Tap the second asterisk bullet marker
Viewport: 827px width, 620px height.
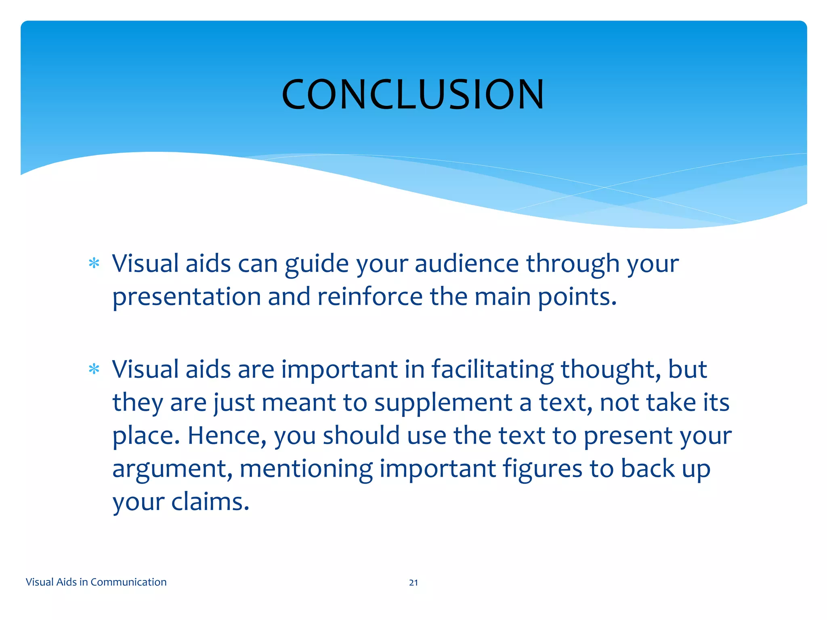[x=94, y=369]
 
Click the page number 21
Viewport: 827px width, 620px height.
[x=413, y=582]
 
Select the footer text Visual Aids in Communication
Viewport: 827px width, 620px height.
[x=96, y=582]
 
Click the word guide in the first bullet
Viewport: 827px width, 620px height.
[x=317, y=264]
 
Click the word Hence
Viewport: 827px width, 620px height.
[x=227, y=436]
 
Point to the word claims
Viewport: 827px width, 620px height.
[x=210, y=502]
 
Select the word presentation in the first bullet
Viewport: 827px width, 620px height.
[x=186, y=297]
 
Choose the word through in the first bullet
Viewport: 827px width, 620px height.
[x=572, y=264]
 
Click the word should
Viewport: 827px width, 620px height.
[x=361, y=436]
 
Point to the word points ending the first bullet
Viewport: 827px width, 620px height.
[x=577, y=297]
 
